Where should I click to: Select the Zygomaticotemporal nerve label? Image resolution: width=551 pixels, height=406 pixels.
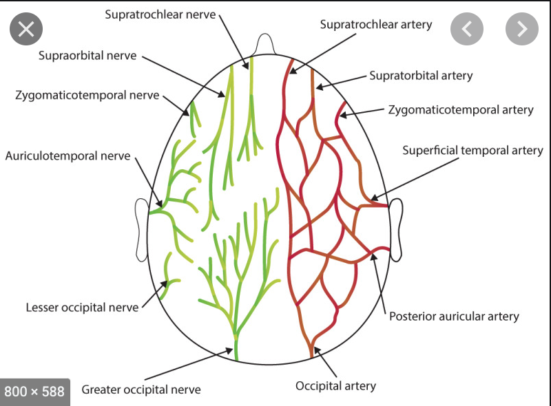[87, 95]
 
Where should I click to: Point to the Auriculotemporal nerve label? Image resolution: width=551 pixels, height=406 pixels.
[67, 156]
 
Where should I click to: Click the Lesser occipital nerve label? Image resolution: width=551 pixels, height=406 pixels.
[82, 307]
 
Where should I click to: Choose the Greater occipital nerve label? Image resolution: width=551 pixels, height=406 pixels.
[141, 389]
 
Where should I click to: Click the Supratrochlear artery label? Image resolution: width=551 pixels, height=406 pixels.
[376, 25]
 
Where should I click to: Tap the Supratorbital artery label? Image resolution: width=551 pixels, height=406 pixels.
[421, 75]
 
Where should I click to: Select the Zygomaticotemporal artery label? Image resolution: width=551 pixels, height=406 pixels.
[461, 109]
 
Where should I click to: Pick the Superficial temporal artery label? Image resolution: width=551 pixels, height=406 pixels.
[472, 150]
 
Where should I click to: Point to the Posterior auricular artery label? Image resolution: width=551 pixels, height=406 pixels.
[454, 317]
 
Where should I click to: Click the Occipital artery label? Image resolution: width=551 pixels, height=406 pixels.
[336, 385]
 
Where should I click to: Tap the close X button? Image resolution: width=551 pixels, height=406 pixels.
[26, 29]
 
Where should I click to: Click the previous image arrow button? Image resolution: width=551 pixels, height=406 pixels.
[467, 29]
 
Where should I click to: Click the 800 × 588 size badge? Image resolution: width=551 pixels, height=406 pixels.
[34, 392]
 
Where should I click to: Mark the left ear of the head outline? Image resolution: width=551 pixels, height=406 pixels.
[141, 230]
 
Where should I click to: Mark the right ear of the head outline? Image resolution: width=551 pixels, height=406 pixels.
[396, 230]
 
